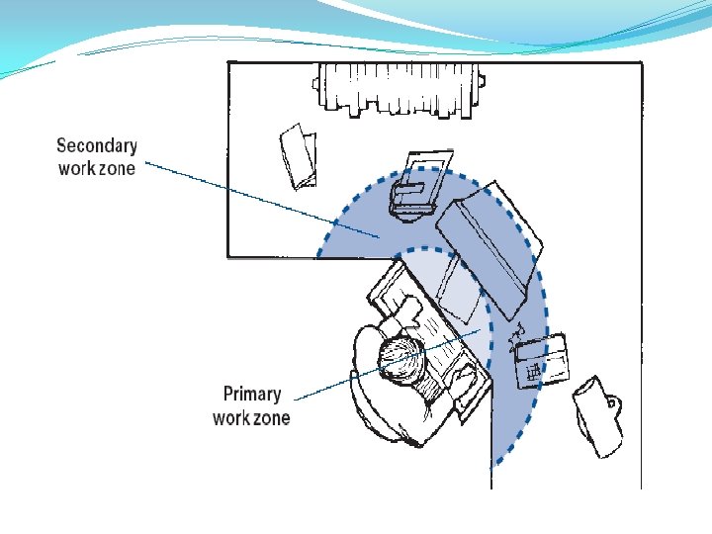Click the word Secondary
[97, 145]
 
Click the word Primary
[251, 395]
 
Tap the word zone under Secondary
[117, 168]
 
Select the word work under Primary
[231, 417]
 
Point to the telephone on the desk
[542, 358]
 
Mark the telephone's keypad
[533, 371]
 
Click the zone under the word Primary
[271, 417]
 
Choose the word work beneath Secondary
[76, 168]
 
